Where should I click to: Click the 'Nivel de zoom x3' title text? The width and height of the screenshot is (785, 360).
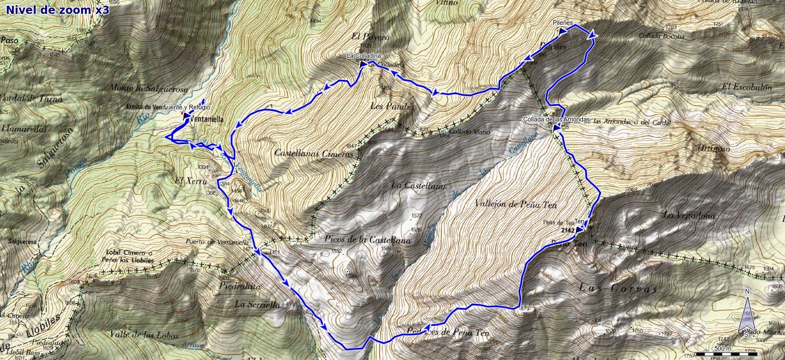57,9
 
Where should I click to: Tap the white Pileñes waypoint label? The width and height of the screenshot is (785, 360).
562,23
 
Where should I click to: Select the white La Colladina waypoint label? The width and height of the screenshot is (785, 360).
364,56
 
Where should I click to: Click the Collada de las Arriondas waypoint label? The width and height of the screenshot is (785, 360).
556,119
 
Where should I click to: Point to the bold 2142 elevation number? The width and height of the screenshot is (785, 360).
569,230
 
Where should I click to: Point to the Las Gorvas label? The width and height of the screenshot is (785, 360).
618,288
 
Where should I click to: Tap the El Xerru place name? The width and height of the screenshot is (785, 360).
186,180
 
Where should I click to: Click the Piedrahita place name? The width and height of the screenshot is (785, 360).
240,286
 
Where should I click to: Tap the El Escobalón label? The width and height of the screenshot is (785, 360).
747,87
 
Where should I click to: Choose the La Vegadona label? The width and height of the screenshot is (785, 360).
689,215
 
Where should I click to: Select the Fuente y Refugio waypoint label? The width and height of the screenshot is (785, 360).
186,108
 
